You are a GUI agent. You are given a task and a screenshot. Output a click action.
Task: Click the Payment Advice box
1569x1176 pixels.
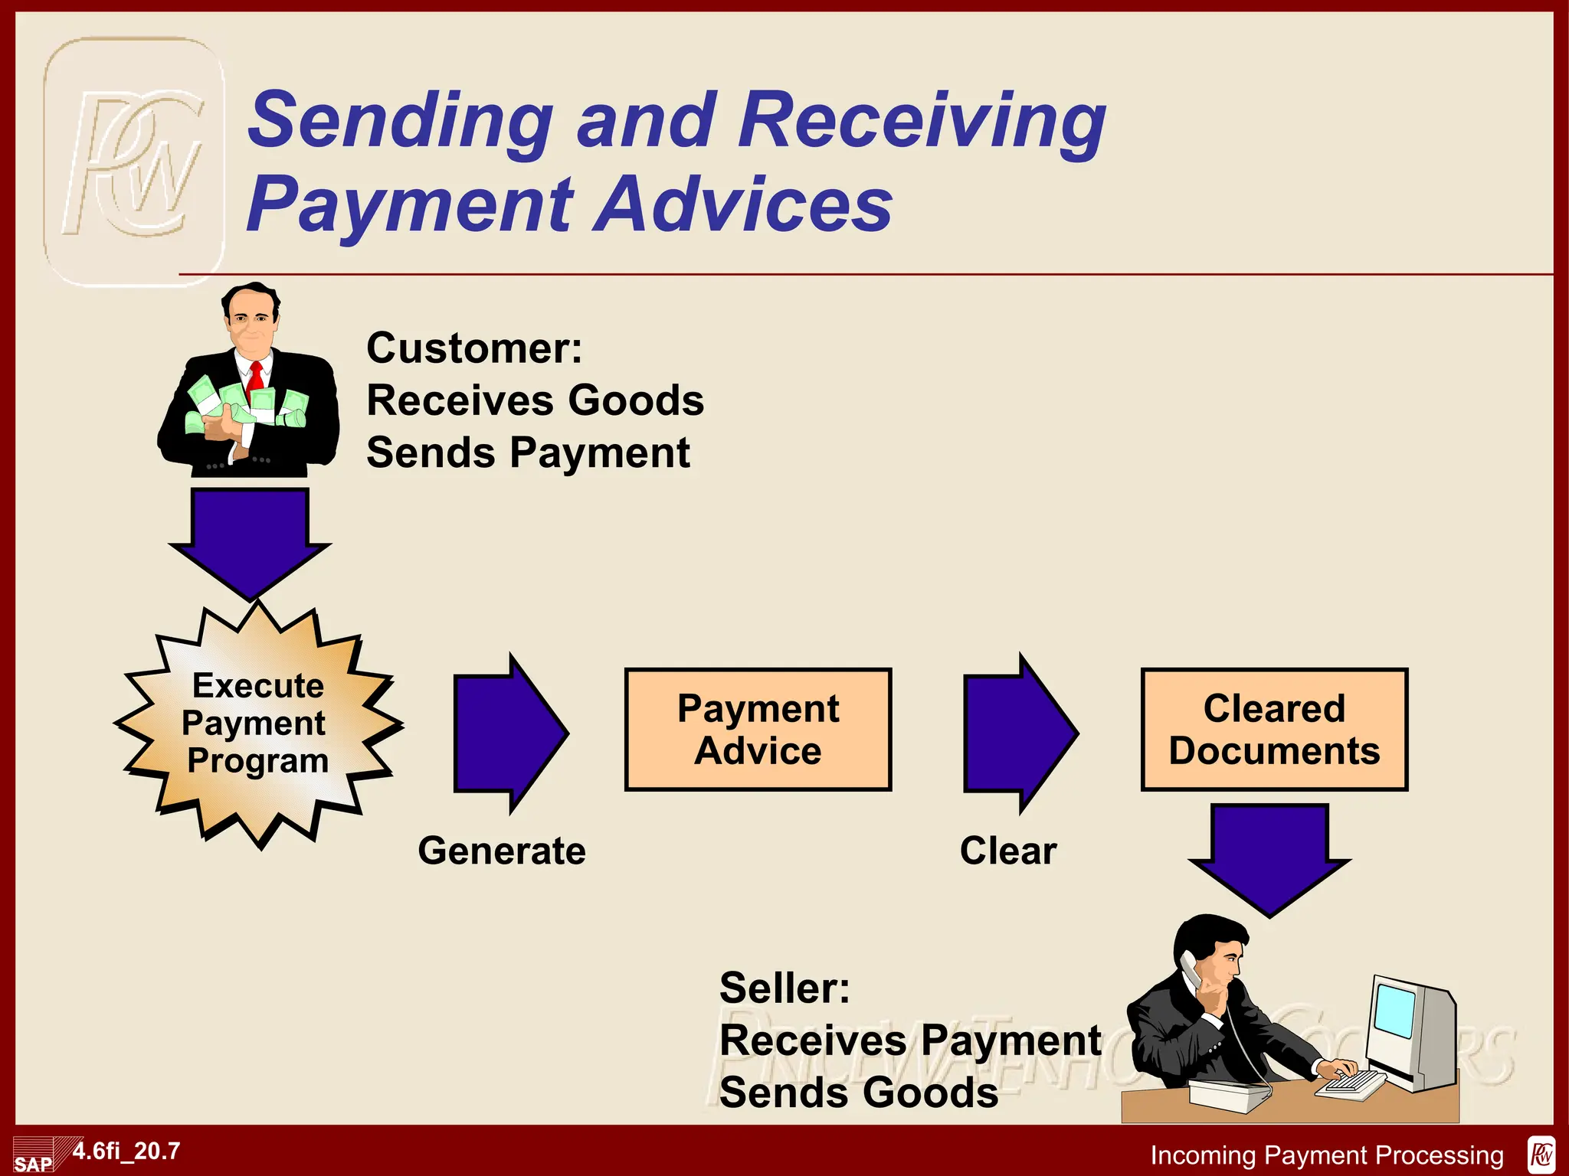(758, 729)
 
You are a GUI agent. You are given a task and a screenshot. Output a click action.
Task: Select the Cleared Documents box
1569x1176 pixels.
(1274, 729)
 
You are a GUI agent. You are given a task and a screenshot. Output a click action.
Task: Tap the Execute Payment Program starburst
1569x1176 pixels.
(258, 724)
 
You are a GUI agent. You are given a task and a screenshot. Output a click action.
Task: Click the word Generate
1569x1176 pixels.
(502, 851)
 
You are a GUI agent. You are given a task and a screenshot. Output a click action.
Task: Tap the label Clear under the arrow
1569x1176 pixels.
(1008, 851)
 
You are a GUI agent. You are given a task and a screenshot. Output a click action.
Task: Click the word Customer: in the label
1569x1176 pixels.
(474, 348)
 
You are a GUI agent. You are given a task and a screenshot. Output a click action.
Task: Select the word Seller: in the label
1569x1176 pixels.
(784, 988)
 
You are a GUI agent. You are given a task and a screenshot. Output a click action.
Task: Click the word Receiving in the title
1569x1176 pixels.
(922, 120)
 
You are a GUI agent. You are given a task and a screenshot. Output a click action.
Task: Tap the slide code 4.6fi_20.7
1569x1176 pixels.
(126, 1151)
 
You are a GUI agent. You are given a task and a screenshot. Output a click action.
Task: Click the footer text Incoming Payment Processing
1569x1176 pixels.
(1327, 1155)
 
